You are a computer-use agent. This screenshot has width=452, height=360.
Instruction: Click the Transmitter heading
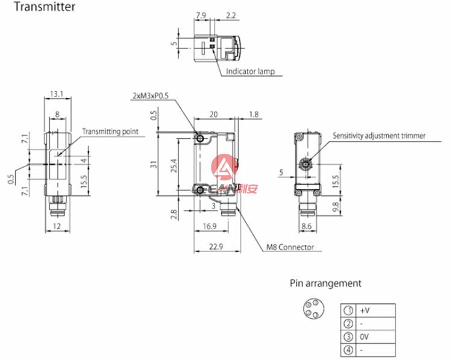45,7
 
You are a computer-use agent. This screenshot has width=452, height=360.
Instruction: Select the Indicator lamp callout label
250,71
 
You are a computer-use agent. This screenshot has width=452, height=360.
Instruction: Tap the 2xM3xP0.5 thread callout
151,96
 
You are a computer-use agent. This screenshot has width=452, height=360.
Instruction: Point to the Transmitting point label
110,131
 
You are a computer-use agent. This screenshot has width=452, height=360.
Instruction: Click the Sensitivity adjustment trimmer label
379,136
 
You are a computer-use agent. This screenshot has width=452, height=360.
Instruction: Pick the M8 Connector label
290,247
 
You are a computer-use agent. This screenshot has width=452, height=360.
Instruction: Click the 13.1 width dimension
57,94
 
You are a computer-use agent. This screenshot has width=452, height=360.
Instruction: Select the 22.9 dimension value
216,247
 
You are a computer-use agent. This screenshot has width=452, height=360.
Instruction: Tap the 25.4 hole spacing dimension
174,166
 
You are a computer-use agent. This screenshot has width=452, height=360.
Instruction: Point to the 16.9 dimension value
210,226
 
